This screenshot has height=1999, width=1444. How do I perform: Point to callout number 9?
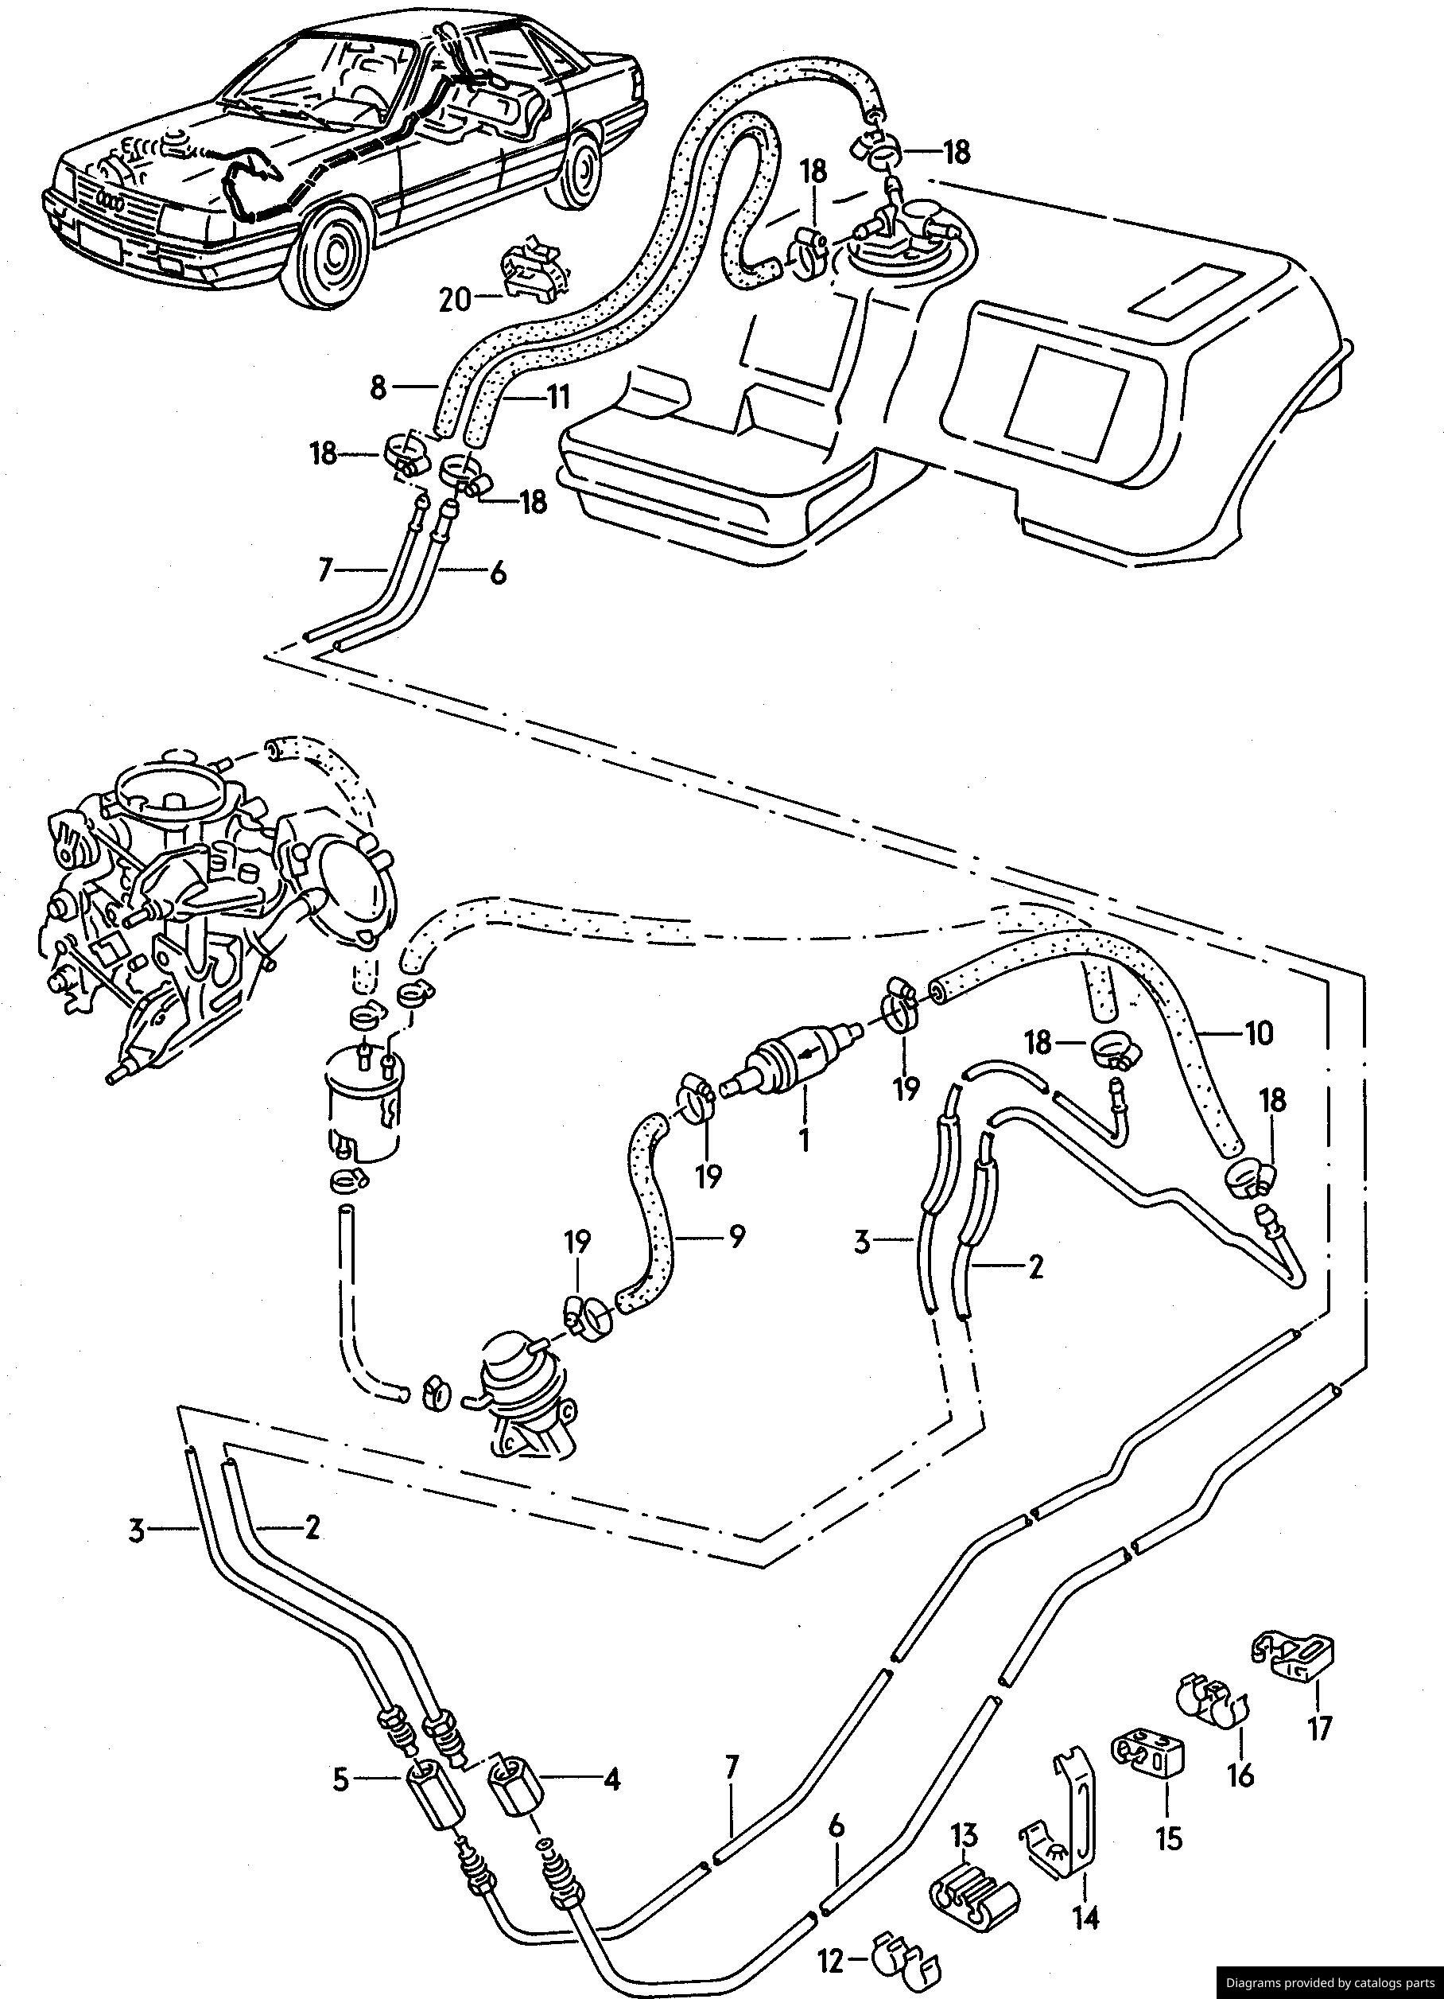[736, 1237]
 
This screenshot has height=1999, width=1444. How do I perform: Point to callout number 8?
[378, 389]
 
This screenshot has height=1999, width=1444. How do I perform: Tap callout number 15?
[1169, 1814]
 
